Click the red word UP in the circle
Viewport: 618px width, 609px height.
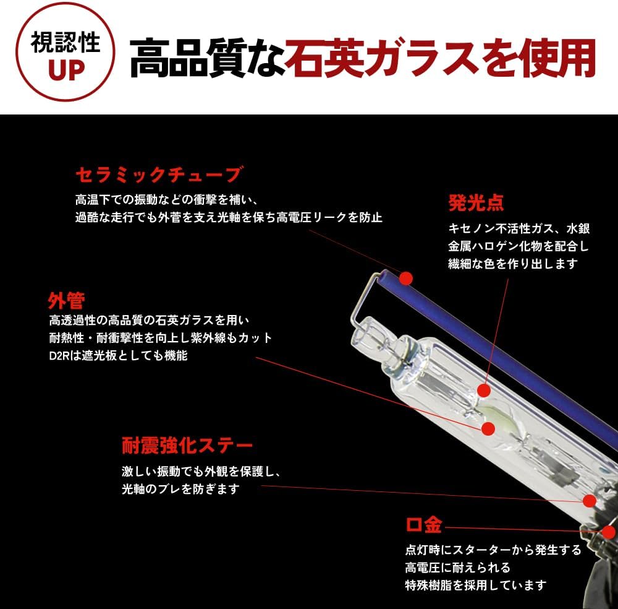66,71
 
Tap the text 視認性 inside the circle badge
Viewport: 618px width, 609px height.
65,42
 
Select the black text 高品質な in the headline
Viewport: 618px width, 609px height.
207,58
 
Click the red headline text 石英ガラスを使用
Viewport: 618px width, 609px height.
440,58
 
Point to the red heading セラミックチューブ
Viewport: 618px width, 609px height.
158,175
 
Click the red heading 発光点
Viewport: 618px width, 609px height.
476,203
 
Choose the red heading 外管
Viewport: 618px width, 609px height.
66,301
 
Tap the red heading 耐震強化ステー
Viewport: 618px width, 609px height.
187,446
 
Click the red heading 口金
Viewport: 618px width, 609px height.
424,525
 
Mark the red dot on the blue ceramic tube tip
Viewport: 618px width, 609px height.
405,279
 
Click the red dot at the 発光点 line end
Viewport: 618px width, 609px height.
484,391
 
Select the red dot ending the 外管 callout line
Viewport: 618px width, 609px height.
488,429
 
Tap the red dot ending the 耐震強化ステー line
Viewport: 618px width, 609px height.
589,501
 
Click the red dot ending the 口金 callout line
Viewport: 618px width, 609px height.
609,532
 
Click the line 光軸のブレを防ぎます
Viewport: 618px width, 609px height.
180,489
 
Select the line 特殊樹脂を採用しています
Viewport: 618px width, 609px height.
476,585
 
